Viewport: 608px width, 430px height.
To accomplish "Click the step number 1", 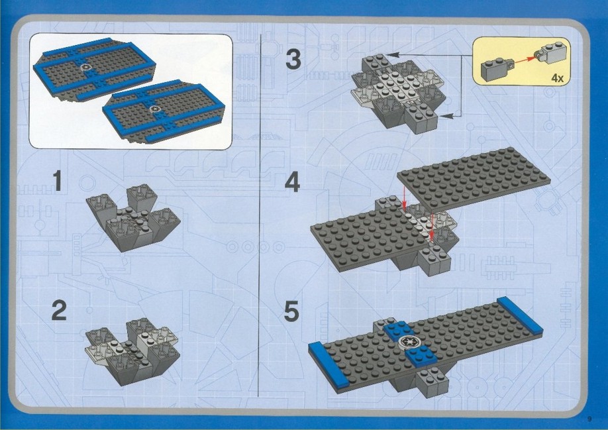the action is pyautogui.click(x=58, y=181).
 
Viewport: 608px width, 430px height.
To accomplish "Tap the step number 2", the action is pyautogui.click(x=59, y=310).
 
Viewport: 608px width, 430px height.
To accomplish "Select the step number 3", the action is pyautogui.click(x=293, y=60).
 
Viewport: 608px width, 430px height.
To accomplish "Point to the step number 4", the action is pyautogui.click(x=292, y=182).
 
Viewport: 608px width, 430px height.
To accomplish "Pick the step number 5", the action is pyautogui.click(x=291, y=311).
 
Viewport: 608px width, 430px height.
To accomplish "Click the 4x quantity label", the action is pyautogui.click(x=557, y=78).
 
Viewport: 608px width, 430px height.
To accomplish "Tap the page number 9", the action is pyautogui.click(x=589, y=419).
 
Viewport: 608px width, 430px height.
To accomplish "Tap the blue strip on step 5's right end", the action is pyautogui.click(x=520, y=315).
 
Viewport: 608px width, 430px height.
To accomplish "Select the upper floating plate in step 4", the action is pyautogui.click(x=474, y=179).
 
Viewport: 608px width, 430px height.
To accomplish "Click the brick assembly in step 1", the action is pyautogui.click(x=134, y=217).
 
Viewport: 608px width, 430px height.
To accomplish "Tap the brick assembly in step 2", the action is pyautogui.click(x=132, y=351).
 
